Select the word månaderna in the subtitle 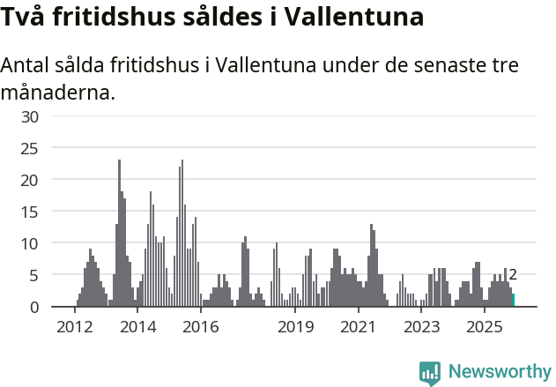point(58,92)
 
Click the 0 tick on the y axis point(34,307)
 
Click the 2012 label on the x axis point(75,327)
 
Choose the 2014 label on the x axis point(138,327)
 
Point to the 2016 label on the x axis point(201,327)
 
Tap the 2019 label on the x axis point(296,327)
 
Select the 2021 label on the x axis point(359,327)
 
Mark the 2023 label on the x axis point(422,327)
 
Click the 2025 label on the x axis point(485,327)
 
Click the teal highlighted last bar point(514,301)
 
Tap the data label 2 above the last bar point(513,275)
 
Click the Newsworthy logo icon point(430,373)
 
